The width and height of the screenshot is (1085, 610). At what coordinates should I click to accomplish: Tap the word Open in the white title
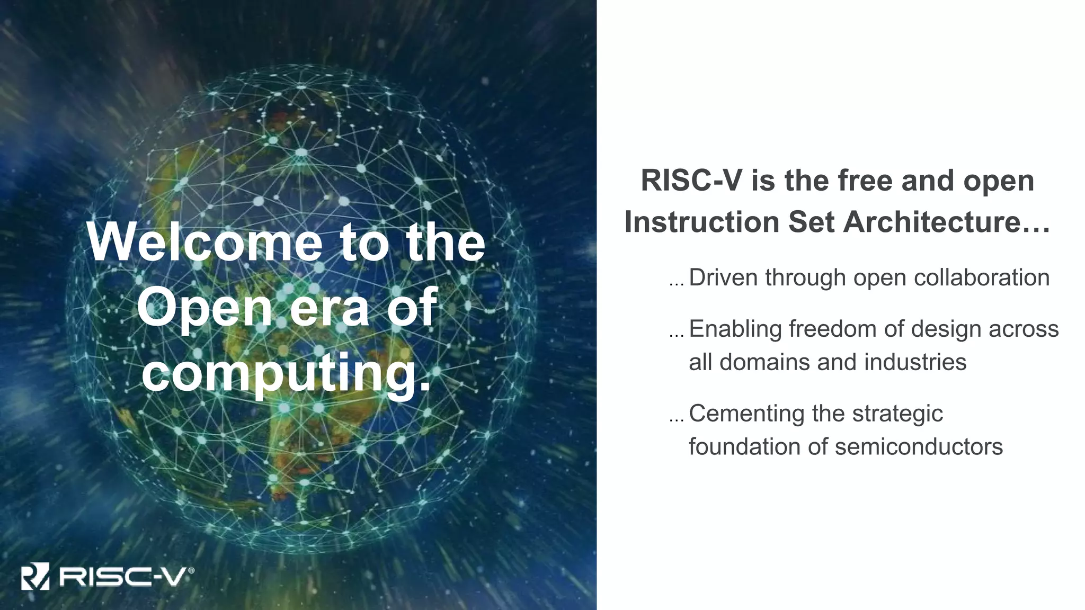pos(204,308)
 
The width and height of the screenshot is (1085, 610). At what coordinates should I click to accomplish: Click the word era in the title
pos(329,308)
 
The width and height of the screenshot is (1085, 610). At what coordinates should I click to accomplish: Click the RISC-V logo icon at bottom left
pos(35,577)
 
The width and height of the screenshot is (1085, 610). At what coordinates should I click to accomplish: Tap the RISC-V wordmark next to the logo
pos(122,577)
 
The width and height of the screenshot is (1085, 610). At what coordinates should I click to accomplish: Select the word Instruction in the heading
pos(702,221)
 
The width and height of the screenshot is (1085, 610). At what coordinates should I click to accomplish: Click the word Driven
pos(723,277)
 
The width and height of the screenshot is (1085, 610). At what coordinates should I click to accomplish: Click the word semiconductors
pos(919,446)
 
